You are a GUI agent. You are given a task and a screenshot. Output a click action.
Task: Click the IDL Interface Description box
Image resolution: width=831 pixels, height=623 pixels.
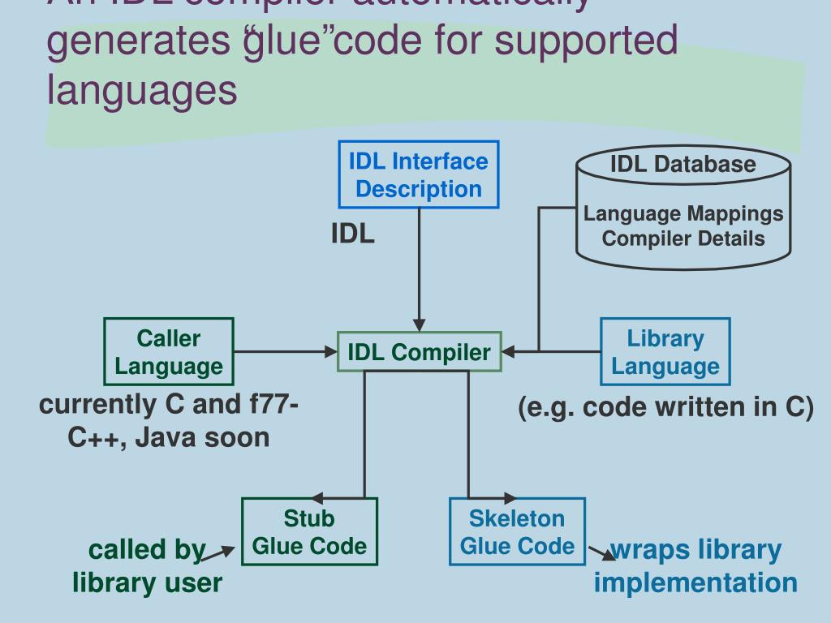[x=419, y=174]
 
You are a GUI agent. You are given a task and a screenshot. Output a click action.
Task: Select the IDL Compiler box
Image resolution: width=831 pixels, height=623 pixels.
[x=419, y=352]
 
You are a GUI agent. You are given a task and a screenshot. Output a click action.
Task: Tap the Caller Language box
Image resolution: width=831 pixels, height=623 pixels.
[x=169, y=351]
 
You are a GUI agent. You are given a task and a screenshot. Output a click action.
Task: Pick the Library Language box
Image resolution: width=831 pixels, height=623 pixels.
[x=665, y=351]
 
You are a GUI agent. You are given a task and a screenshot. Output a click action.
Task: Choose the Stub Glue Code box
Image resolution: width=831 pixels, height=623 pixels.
[x=309, y=531]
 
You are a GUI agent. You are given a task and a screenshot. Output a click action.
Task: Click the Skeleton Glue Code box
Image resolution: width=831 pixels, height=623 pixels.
[x=517, y=531]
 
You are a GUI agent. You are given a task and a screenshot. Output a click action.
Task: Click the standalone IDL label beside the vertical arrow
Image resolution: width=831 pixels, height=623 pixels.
[x=352, y=234]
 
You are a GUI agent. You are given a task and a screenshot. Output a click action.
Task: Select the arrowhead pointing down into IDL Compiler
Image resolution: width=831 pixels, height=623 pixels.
[x=420, y=325]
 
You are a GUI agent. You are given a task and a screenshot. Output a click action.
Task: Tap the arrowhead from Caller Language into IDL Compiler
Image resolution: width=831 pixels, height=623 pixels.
[x=330, y=352]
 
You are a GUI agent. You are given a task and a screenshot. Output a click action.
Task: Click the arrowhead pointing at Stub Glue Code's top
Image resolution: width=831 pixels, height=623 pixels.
[x=317, y=498]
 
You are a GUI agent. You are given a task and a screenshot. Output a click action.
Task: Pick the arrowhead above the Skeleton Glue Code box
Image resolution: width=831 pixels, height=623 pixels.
[x=510, y=498]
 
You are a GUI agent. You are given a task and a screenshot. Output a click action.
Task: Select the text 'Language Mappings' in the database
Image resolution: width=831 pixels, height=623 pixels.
[x=683, y=214]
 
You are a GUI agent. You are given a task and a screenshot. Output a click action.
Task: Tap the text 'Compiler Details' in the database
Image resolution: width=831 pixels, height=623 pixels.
[x=683, y=238]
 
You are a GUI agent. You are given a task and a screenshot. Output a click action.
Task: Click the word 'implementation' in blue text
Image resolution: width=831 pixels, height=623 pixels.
[x=695, y=582]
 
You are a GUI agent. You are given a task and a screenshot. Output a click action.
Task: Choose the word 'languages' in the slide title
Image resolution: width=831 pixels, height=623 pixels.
[x=143, y=89]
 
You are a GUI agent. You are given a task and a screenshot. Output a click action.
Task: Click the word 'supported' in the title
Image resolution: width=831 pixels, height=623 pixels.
[x=587, y=41]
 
